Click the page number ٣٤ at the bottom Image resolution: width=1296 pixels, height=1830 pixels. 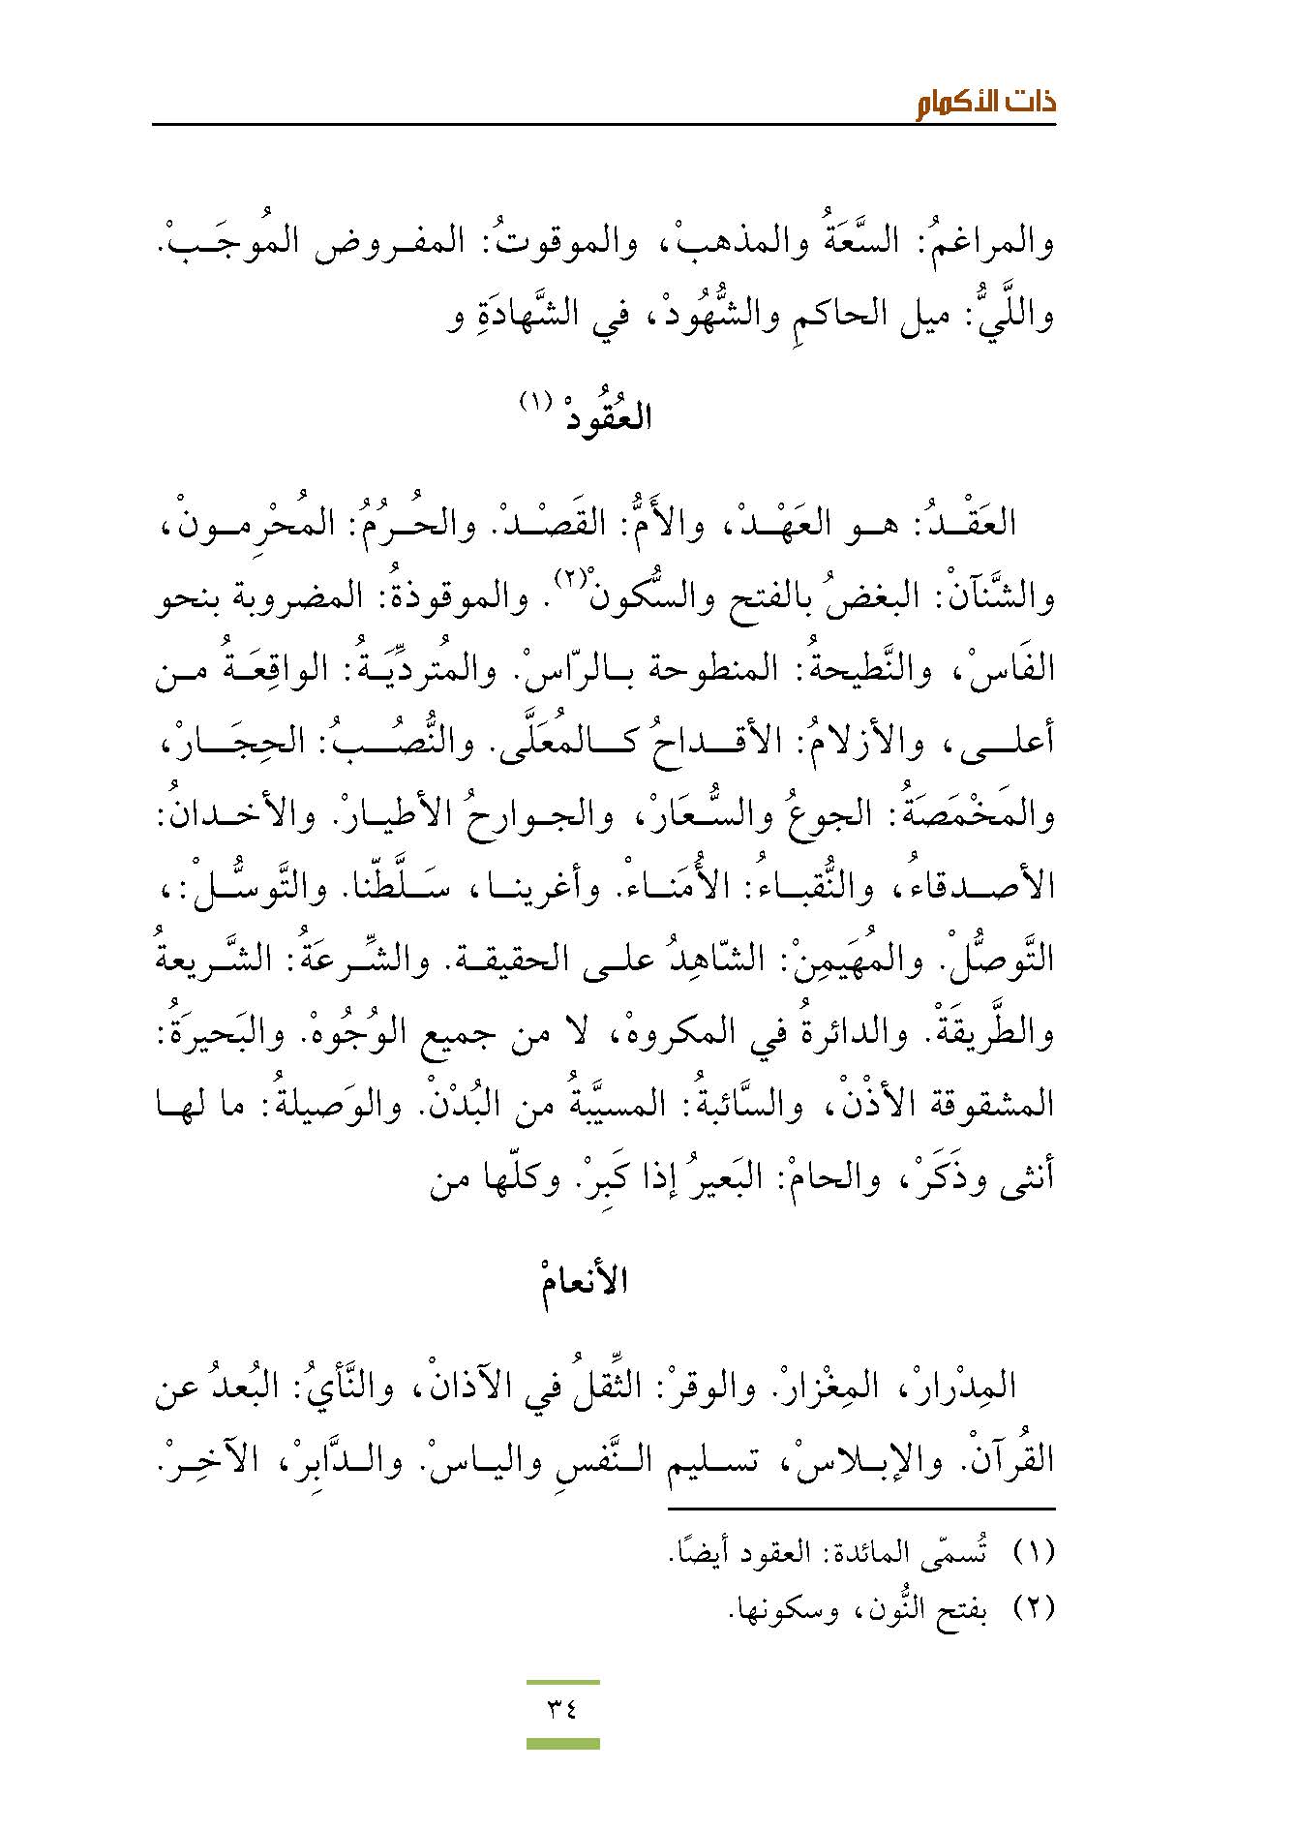(562, 1708)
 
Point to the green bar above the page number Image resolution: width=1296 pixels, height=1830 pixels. (562, 1683)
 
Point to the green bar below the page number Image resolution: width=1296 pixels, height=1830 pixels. (562, 1744)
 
